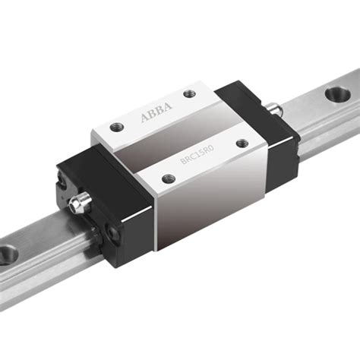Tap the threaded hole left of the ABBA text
tap(115, 126)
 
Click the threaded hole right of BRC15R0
tap(242, 141)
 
